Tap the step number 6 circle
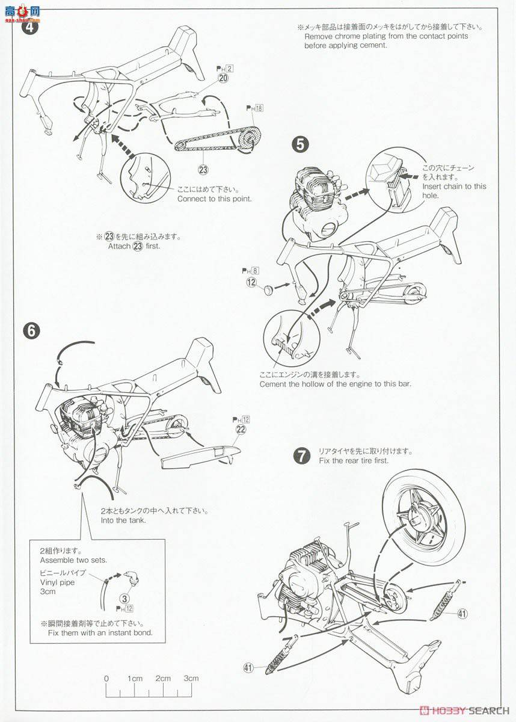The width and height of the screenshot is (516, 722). tap(31, 330)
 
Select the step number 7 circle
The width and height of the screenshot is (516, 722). tap(301, 455)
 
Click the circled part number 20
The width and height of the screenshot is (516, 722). tap(223, 79)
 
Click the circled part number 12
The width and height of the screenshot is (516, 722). tap(251, 282)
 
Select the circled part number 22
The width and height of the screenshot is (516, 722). tap(241, 429)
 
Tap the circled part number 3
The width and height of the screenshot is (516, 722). tap(124, 598)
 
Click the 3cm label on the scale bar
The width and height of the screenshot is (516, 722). tap(191, 679)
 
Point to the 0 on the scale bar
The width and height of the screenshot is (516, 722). tap(106, 679)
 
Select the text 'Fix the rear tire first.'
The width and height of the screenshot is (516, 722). tap(354, 460)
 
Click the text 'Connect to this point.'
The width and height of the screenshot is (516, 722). tap(214, 199)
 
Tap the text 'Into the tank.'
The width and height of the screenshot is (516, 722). tap(123, 520)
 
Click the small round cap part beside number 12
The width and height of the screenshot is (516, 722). tap(266, 292)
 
